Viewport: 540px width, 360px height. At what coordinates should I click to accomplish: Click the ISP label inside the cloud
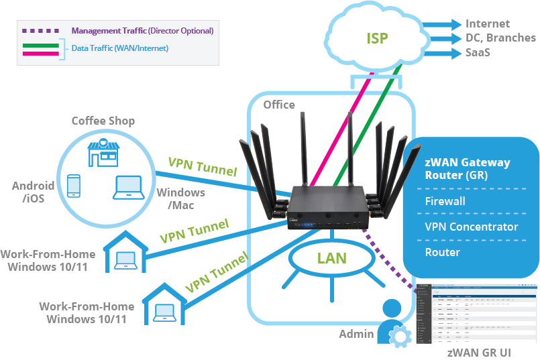pyautogui.click(x=377, y=38)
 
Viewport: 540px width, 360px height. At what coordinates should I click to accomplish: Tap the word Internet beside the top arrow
pyautogui.click(x=488, y=24)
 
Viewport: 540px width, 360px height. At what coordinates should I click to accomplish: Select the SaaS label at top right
pyautogui.click(x=478, y=52)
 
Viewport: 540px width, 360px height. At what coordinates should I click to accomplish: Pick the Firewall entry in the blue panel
pyautogui.click(x=445, y=201)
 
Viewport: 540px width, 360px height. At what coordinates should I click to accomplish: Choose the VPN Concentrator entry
pyautogui.click(x=471, y=227)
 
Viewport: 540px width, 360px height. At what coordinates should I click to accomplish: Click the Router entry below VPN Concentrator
pyautogui.click(x=442, y=252)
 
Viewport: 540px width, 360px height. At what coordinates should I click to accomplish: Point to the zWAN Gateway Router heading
pyautogui.click(x=468, y=169)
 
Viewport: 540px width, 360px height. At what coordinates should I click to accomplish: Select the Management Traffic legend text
pyautogui.click(x=142, y=31)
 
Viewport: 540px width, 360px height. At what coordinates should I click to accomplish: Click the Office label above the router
pyautogui.click(x=279, y=105)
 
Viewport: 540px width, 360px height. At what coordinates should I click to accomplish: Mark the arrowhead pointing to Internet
pyautogui.click(x=460, y=24)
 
